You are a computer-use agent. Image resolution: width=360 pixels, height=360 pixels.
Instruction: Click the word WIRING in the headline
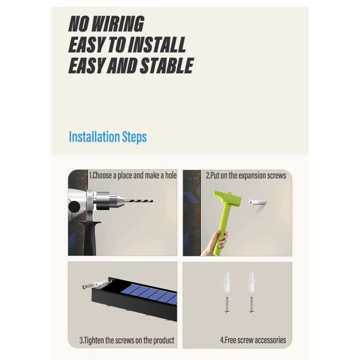pyautogui.click(x=119, y=24)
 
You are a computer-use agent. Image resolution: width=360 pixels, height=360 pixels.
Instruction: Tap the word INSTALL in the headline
pyautogui.click(x=157, y=45)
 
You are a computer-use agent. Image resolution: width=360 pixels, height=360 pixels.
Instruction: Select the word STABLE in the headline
pyautogui.click(x=166, y=66)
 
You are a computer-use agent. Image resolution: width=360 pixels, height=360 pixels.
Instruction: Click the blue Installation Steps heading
pyautogui.click(x=108, y=137)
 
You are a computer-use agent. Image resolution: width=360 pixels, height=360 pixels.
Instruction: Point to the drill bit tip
pyautogui.click(x=153, y=201)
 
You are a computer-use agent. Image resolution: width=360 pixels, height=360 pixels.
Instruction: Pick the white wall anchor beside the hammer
pyautogui.click(x=257, y=203)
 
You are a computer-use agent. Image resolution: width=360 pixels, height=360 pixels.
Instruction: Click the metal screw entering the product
pyautogui.click(x=88, y=286)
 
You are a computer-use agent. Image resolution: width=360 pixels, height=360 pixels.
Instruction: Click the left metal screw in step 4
pyautogui.click(x=227, y=304)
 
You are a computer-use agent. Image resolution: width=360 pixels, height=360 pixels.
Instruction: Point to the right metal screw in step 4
pyautogui.click(x=252, y=304)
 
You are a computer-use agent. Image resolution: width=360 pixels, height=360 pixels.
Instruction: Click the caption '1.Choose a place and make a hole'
pyautogui.click(x=133, y=175)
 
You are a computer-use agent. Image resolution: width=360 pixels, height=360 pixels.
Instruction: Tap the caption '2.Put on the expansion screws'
pyautogui.click(x=246, y=175)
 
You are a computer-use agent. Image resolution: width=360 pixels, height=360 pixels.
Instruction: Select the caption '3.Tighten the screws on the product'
pyautogui.click(x=127, y=340)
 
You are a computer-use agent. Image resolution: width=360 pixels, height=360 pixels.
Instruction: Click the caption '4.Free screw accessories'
pyautogui.click(x=253, y=340)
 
